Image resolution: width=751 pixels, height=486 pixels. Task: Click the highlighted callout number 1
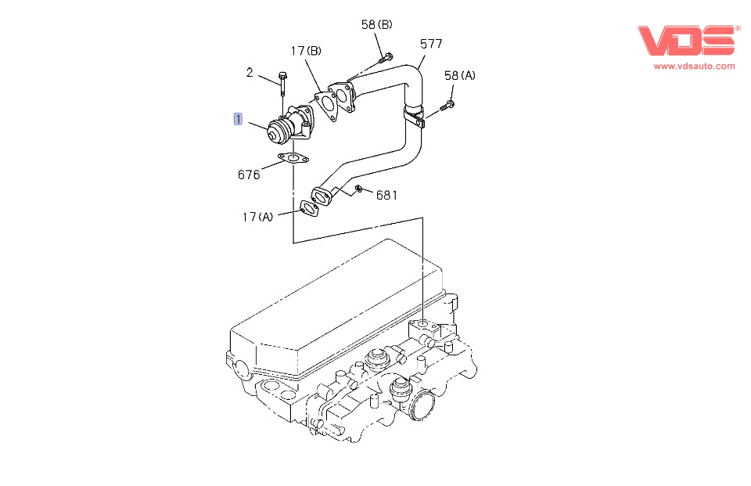tap(238, 119)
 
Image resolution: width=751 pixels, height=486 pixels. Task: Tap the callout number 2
tap(250, 73)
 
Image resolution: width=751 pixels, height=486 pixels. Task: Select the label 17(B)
tap(306, 52)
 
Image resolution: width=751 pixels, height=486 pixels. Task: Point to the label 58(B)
tap(376, 25)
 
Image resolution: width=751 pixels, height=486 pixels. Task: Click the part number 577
tap(432, 44)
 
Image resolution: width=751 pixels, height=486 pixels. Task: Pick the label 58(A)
tap(459, 76)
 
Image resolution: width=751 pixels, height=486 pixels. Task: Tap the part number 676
tap(249, 175)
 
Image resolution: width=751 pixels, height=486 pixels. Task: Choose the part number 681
tap(386, 195)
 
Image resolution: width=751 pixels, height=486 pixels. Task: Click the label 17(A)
tap(257, 217)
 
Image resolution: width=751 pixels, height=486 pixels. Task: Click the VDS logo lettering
tap(685, 41)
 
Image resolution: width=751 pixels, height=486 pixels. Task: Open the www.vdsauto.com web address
tap(694, 66)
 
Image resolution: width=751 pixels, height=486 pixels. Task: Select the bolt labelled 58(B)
tap(385, 57)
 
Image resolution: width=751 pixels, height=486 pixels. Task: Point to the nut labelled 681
tap(358, 188)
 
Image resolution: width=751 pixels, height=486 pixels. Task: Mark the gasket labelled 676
tap(293, 160)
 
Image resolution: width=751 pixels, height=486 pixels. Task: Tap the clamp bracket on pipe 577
tap(415, 116)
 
